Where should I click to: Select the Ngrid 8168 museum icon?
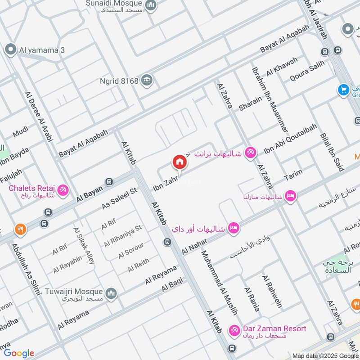point(147,81)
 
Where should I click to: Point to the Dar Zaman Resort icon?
point(234,331)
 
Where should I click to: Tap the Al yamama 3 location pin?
point(10,50)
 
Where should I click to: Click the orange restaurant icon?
point(20,229)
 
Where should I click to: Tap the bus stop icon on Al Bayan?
point(108,181)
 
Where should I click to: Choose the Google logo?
point(19,353)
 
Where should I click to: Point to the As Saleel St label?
point(119,198)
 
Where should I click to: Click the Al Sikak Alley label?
point(85,245)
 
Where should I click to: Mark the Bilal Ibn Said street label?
point(332,152)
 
